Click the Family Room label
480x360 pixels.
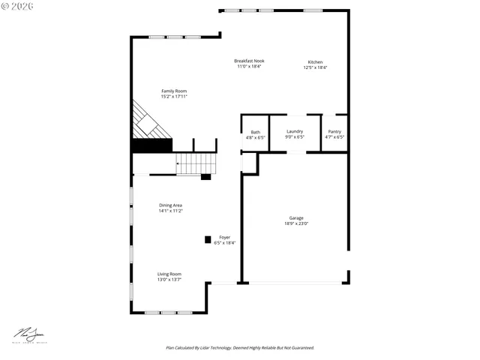pyautogui.click(x=173, y=91)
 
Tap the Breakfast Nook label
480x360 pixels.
pyautogui.click(x=249, y=61)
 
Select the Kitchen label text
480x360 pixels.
pyautogui.click(x=316, y=61)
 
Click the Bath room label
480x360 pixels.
pyautogui.click(x=256, y=132)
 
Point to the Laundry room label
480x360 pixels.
pyautogui.click(x=295, y=131)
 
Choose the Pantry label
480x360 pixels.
pyautogui.click(x=334, y=131)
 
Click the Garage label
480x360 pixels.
pyautogui.click(x=296, y=217)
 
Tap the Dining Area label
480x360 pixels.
pyautogui.click(x=170, y=205)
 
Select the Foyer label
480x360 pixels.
pyautogui.click(x=224, y=237)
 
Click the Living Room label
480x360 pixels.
pyautogui.click(x=169, y=274)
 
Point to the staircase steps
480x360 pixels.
pyautogui.click(x=196, y=163)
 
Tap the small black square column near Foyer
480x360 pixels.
pyautogui.click(x=208, y=240)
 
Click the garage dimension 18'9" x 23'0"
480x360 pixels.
pyautogui.click(x=296, y=223)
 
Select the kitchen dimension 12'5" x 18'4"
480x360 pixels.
pyautogui.click(x=316, y=67)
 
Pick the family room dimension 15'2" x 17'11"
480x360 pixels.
pyautogui.click(x=173, y=97)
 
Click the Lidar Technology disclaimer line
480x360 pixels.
pyautogui.click(x=240, y=348)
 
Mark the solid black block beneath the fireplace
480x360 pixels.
pyautogui.click(x=152, y=145)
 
